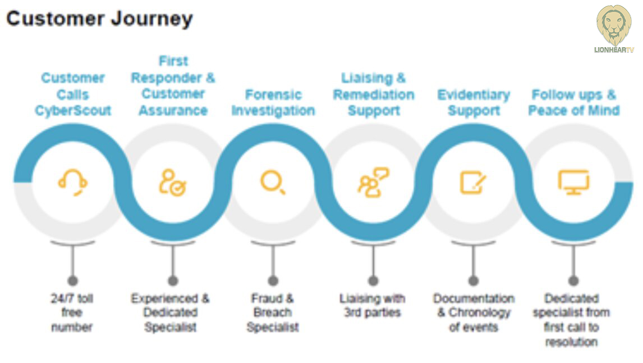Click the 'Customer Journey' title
point(99,19)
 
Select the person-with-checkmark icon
point(172,182)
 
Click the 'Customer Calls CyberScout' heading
point(73,94)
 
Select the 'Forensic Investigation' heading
point(273,102)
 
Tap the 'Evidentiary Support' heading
point(473,102)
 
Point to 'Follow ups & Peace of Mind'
point(573,102)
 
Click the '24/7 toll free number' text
point(72,312)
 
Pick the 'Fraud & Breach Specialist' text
point(273,312)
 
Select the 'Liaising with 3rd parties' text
point(373,305)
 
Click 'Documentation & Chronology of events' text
point(473,312)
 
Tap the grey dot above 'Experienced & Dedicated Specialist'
point(173,280)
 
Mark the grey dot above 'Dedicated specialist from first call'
point(573,280)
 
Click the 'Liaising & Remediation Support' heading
point(373,94)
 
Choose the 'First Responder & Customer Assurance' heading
point(173,86)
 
